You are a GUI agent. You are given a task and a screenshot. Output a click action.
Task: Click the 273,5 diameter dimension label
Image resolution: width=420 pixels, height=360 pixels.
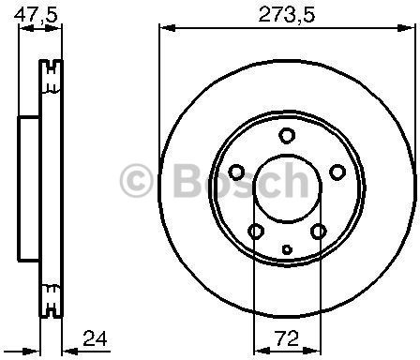pyautogui.click(x=285, y=13)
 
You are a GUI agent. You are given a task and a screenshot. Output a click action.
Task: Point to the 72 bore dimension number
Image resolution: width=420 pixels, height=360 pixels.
pyautogui.click(x=285, y=336)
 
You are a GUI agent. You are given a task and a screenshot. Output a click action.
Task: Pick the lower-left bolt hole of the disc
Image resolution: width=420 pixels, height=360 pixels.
pyautogui.click(x=254, y=231)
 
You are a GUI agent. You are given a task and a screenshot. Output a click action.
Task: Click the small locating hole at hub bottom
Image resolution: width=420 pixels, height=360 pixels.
pyautogui.click(x=286, y=249)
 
